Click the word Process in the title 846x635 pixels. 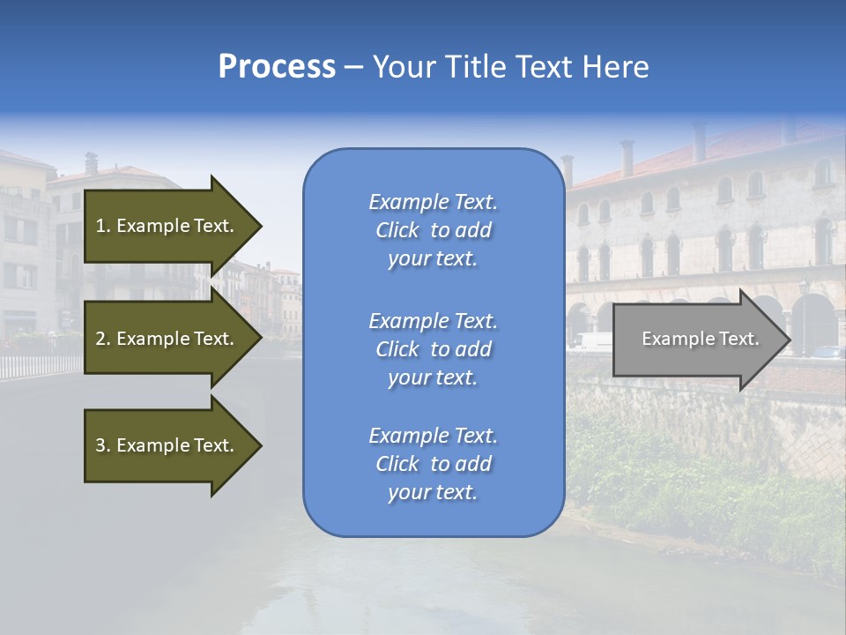277,67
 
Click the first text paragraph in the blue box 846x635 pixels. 434,230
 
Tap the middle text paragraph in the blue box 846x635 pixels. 434,349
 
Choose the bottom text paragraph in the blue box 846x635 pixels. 434,464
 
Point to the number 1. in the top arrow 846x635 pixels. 103,226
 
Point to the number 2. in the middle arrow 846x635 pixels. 103,339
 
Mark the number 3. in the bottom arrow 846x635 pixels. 103,445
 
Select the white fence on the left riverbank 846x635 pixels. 40,365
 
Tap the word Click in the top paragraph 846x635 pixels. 397,230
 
